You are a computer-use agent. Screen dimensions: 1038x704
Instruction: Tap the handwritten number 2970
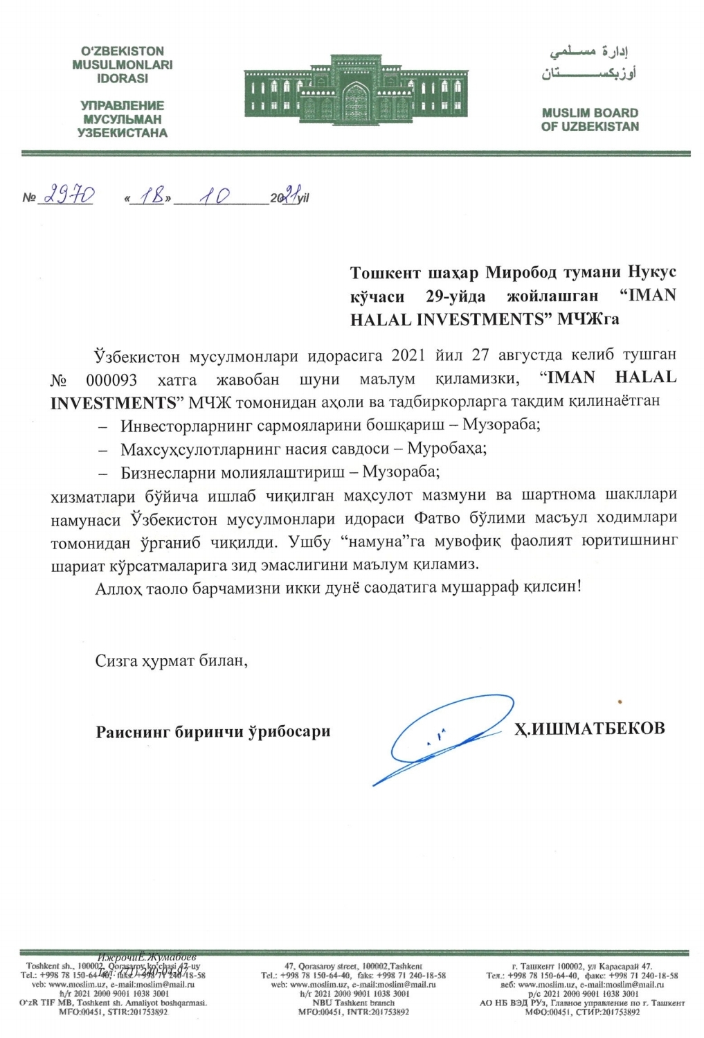click(x=69, y=197)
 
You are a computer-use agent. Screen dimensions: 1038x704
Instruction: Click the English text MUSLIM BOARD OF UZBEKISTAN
click(x=590, y=119)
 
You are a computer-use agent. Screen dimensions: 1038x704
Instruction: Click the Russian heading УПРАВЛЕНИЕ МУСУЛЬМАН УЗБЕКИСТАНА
click(x=123, y=119)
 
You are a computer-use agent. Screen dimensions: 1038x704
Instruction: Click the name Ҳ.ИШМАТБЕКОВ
click(x=589, y=728)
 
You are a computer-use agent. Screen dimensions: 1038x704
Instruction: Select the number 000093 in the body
click(x=111, y=379)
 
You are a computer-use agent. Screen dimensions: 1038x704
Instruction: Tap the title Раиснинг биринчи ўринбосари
click(x=213, y=731)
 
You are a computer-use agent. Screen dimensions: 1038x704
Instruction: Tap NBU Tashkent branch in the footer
click(x=353, y=1003)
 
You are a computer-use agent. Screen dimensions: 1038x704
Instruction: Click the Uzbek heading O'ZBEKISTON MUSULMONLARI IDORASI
click(x=123, y=64)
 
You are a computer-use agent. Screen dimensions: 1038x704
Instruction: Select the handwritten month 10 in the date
click(x=215, y=197)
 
